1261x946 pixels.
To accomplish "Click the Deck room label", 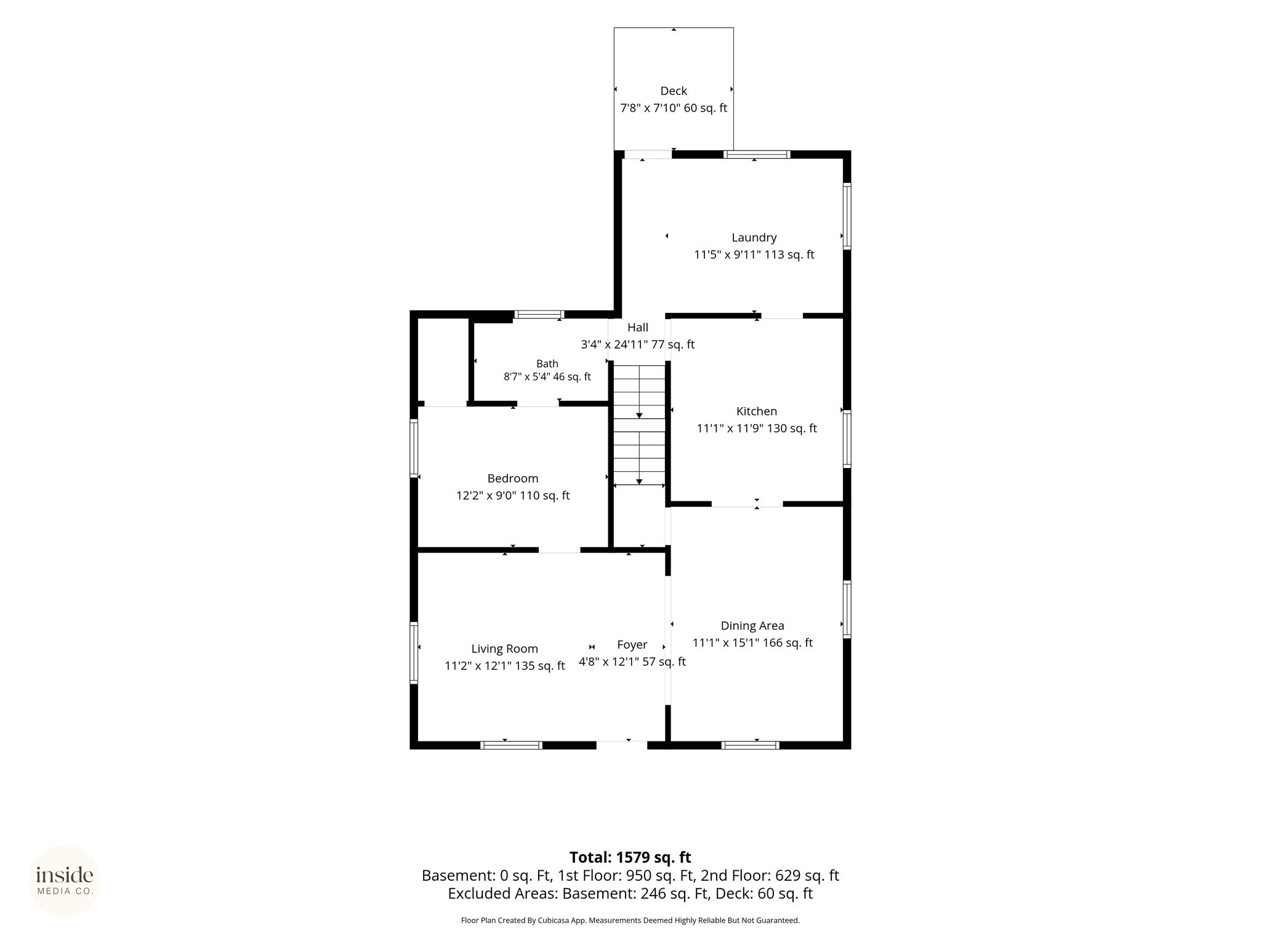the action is [x=674, y=91].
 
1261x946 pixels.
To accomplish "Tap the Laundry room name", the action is [x=754, y=238].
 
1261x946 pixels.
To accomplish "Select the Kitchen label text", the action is [x=757, y=411].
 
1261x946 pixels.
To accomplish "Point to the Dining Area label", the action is [x=752, y=626].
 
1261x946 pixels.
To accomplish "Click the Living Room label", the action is [x=505, y=649].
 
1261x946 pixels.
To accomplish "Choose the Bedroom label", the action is [x=513, y=479].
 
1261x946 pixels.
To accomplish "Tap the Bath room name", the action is [x=547, y=364].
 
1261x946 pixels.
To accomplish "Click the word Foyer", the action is [x=632, y=645].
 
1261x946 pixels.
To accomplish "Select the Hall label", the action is [x=638, y=328].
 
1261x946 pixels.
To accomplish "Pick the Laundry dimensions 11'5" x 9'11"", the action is [x=728, y=255].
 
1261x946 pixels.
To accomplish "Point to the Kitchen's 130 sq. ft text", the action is [x=792, y=429].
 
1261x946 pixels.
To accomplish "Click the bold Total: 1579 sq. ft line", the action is [x=630, y=857].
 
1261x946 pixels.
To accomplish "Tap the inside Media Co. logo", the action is [x=65, y=881].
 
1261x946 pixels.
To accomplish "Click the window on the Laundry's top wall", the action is [x=757, y=155].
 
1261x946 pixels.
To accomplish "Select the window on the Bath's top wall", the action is [x=539, y=315].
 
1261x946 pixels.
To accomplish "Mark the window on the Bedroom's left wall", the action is [x=414, y=448].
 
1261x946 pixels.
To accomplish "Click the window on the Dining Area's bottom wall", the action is [x=750, y=745].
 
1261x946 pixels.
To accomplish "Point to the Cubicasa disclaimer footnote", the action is [x=630, y=921].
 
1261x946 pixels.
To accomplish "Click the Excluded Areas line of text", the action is [x=630, y=894].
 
